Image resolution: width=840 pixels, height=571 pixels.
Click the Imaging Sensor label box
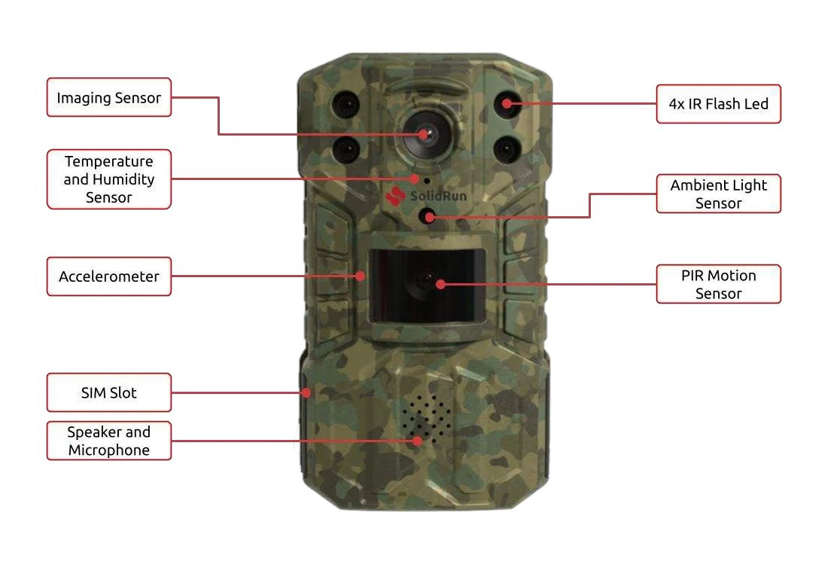[109, 97]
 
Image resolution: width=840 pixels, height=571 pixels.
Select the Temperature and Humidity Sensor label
[109, 179]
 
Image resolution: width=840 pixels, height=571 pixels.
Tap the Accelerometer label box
[109, 276]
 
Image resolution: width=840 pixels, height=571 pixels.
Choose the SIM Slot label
[109, 392]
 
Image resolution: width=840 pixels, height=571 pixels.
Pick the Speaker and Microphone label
[109, 441]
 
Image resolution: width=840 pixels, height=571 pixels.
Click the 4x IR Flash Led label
[718, 104]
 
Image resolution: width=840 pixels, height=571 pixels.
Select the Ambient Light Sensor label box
[718, 194]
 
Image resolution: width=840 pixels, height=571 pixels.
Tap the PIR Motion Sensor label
[718, 284]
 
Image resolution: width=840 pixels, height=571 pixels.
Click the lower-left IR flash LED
[346, 148]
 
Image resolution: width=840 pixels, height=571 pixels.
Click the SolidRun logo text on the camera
[438, 197]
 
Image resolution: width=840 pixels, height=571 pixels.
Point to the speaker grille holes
[426, 418]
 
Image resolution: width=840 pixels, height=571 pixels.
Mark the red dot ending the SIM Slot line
[306, 392]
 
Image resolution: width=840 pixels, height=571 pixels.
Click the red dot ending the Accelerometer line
[363, 276]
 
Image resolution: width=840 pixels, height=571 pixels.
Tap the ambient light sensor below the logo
[428, 217]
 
